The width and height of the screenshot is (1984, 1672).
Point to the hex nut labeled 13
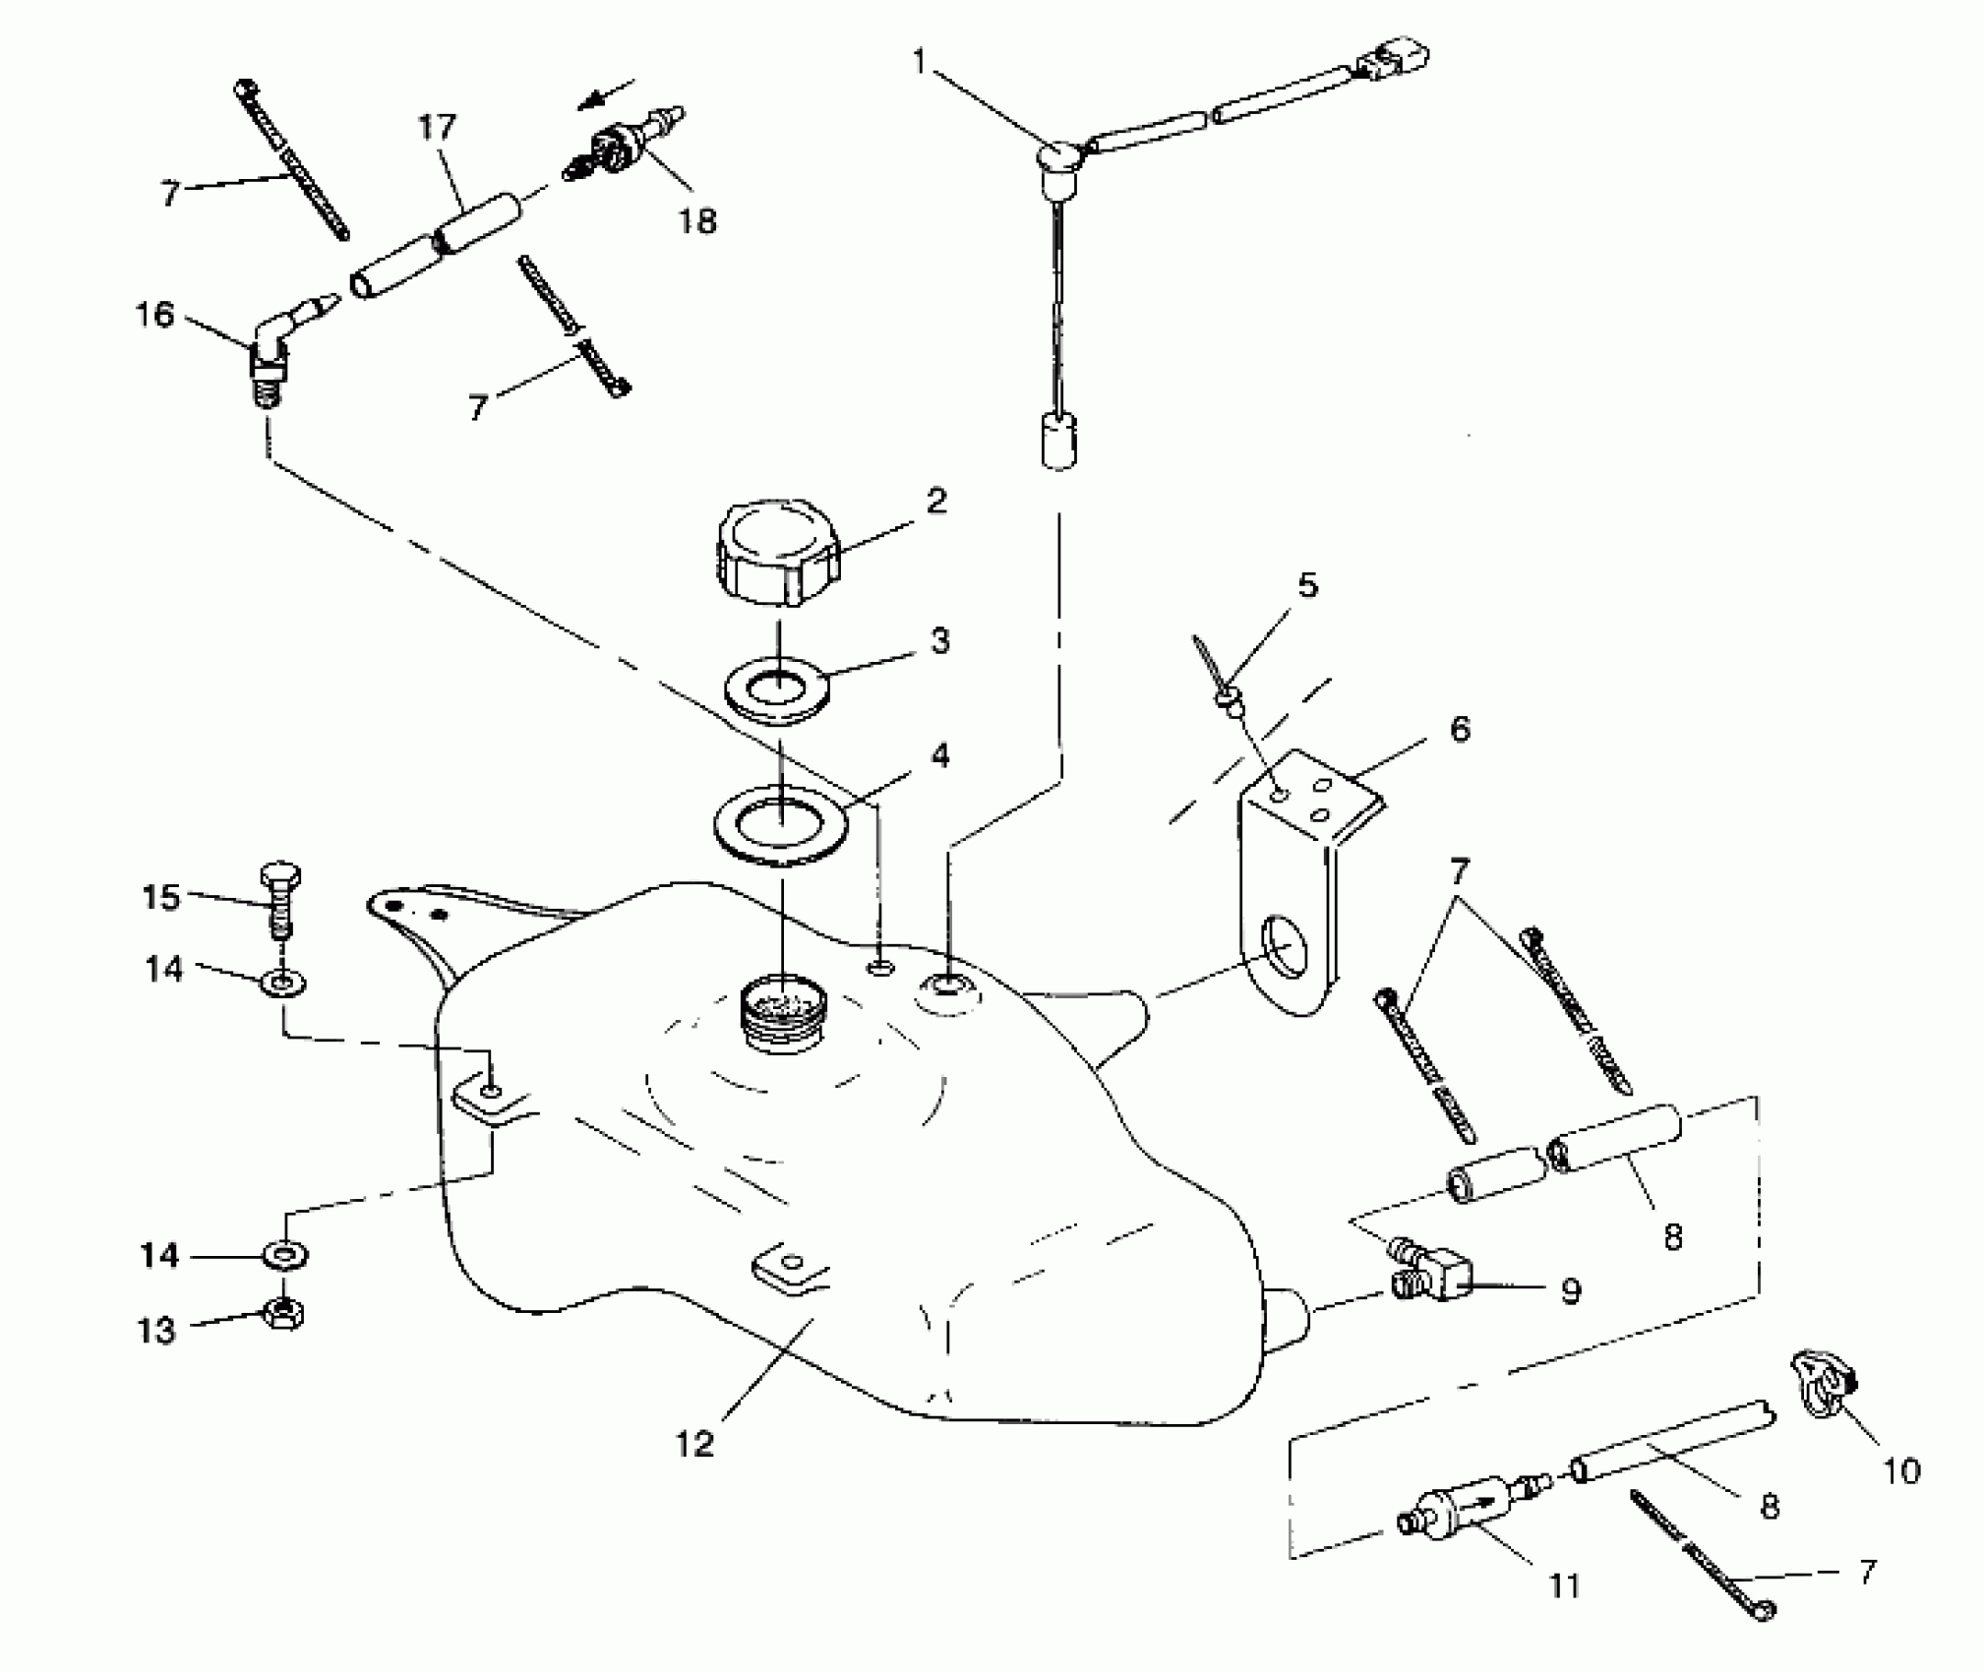pos(284,1312)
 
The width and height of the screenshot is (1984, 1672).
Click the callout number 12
pos(694,1444)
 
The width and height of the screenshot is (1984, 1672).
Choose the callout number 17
pos(437,128)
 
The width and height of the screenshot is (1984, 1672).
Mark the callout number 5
pos(1307,585)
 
